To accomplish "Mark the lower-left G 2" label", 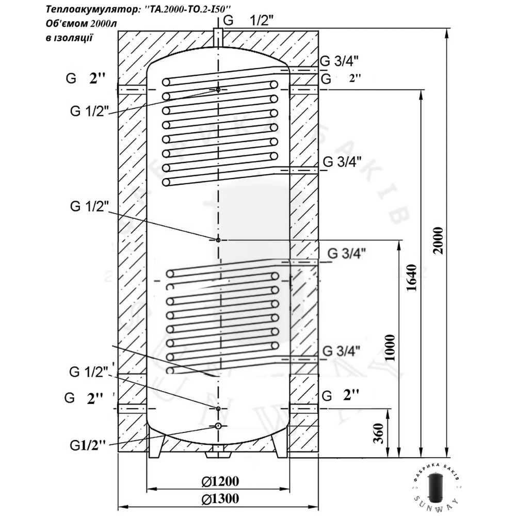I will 85,398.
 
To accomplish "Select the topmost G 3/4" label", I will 340,60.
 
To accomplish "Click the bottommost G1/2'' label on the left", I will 88,445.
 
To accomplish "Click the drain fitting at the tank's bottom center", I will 218,455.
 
